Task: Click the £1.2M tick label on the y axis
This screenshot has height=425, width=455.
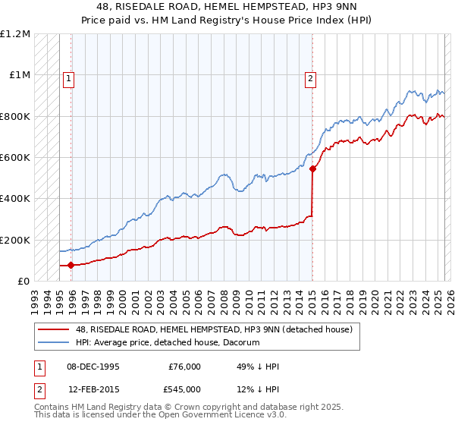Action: [15, 34]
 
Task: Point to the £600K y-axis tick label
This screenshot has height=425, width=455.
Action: [15, 158]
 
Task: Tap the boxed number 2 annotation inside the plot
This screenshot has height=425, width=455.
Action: [311, 77]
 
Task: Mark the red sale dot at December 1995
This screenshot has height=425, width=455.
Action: [71, 266]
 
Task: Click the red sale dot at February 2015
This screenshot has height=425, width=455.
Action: [312, 169]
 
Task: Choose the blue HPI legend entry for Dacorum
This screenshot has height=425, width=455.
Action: [168, 343]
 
